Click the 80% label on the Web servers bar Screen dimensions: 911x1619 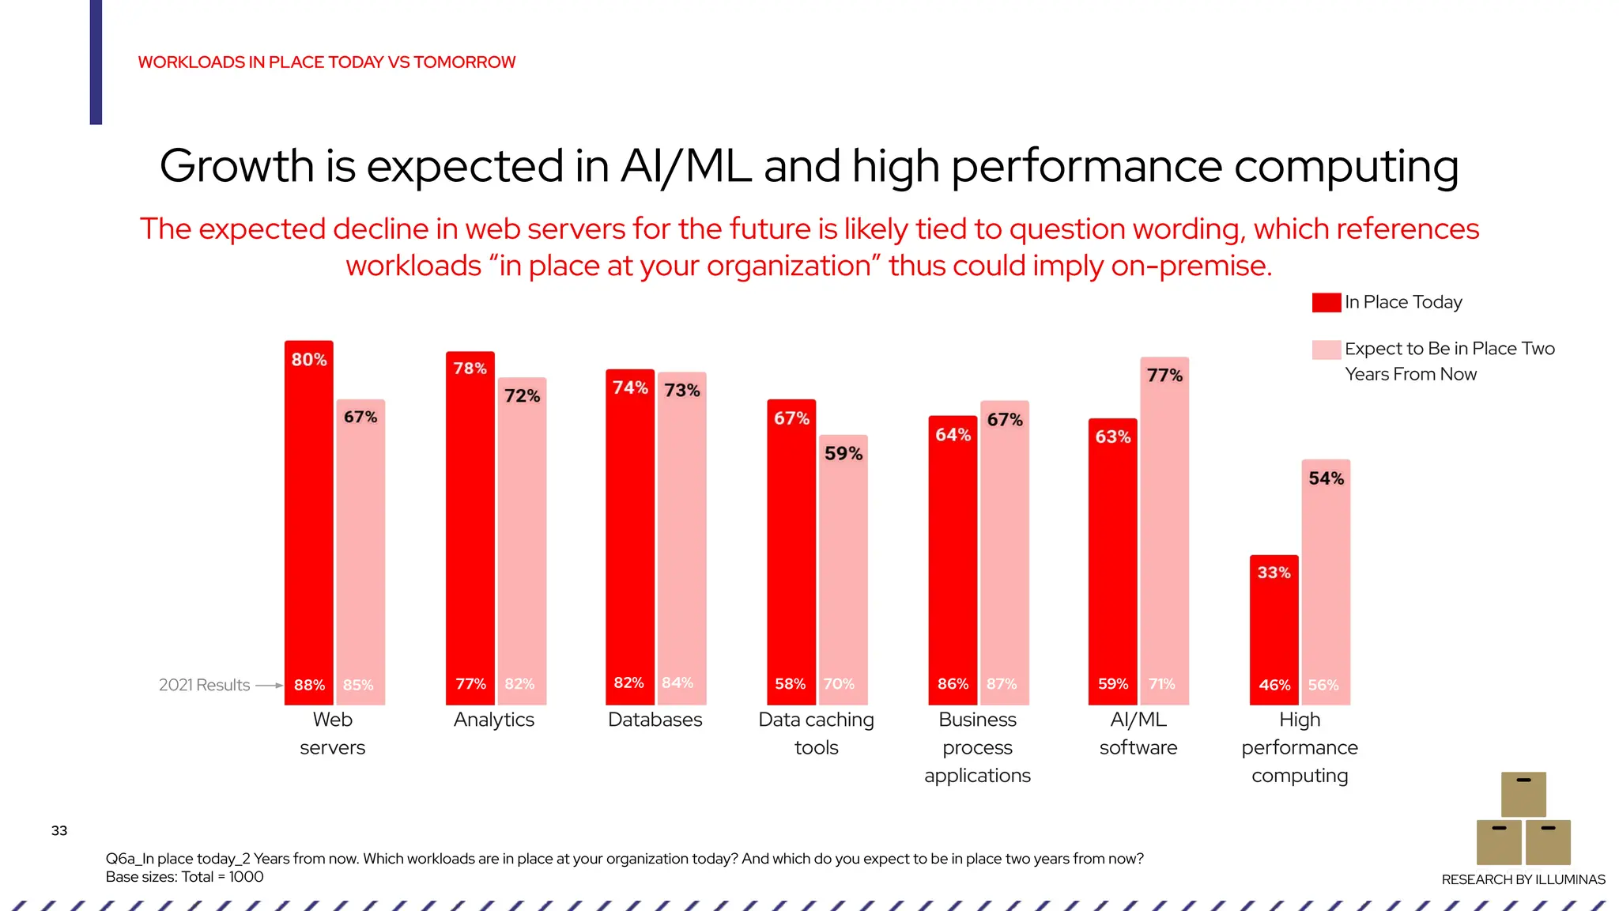[309, 360]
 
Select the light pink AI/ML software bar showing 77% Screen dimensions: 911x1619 [1164, 530]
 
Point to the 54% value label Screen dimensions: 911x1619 [1326, 478]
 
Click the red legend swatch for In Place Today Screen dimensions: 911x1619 [1326, 303]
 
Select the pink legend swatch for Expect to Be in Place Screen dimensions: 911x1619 [1326, 350]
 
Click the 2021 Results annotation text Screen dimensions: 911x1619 [204, 685]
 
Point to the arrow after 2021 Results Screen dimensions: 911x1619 [269, 686]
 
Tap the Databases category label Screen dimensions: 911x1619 [655, 720]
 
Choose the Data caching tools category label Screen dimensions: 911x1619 [816, 733]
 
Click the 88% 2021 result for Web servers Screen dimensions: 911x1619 [309, 685]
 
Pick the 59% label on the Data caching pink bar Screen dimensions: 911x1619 [843, 454]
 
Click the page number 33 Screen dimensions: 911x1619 [59, 830]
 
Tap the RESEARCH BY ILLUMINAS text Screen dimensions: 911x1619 [1523, 879]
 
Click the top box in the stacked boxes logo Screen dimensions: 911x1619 [1523, 794]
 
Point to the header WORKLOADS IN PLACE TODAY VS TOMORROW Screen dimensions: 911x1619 [326, 62]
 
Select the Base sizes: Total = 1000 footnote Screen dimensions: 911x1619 [184, 877]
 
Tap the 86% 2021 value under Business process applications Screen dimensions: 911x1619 [953, 684]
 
